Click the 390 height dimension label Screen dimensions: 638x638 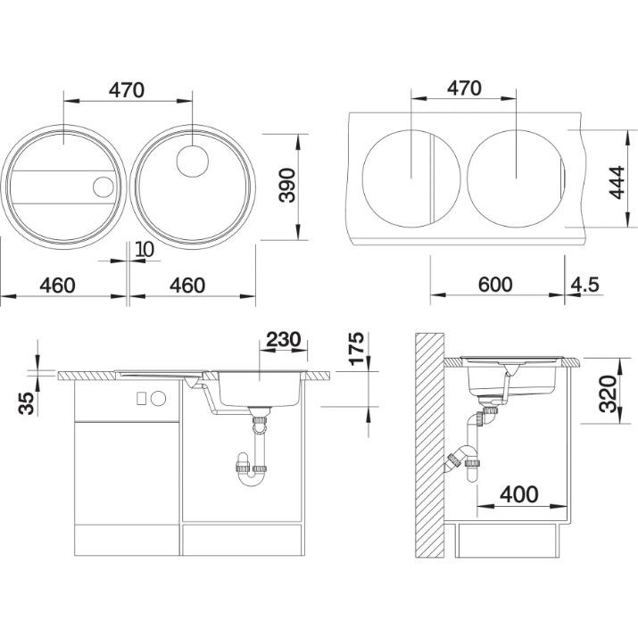point(287,185)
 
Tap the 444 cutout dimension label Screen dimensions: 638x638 point(616,183)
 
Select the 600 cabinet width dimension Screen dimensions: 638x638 point(495,285)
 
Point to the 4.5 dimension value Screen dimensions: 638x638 point(584,285)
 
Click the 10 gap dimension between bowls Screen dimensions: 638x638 point(144,249)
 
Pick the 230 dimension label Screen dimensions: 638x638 point(283,339)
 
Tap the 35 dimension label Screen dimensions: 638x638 point(27,403)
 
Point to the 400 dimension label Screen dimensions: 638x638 point(518,494)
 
